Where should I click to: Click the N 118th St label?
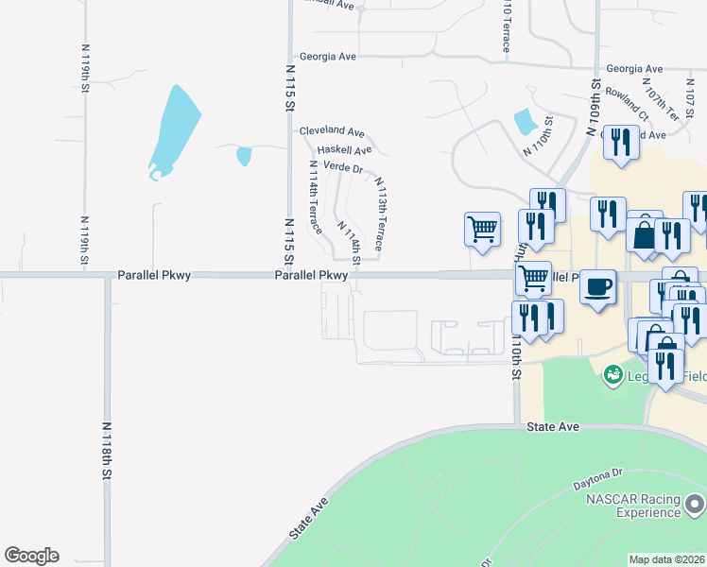point(110,449)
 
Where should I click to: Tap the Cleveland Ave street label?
point(332,132)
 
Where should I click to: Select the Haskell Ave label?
point(344,150)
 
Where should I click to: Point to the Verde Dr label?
point(343,167)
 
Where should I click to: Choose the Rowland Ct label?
point(627,104)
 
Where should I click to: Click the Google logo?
point(31,556)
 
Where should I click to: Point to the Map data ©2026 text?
point(666,559)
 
